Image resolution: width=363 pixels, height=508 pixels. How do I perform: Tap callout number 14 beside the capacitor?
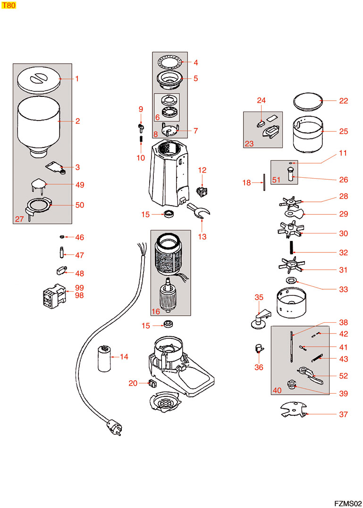click(124, 357)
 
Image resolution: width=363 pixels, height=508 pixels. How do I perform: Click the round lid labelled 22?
click(307, 101)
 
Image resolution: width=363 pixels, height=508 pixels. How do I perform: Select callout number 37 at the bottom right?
click(343, 414)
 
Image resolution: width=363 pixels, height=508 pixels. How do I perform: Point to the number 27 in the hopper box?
click(19, 219)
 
